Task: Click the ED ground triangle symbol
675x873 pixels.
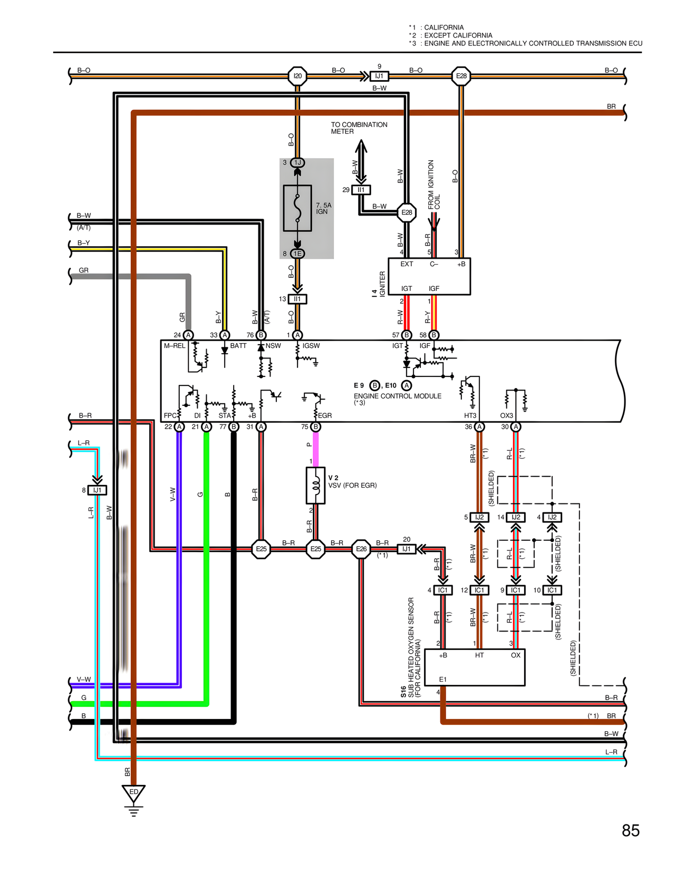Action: click(x=133, y=793)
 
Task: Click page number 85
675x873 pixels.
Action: click(x=630, y=830)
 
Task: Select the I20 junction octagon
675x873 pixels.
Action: click(x=297, y=76)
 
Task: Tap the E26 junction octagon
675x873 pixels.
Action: click(x=361, y=549)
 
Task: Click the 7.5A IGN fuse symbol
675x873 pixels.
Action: click(x=297, y=208)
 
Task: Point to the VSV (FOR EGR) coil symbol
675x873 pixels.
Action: click(x=315, y=486)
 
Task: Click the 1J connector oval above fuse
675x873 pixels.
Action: click(x=297, y=162)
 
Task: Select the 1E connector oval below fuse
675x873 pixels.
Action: click(x=297, y=254)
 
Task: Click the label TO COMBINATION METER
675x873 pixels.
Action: click(x=359, y=128)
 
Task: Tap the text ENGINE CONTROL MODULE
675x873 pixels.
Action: click(x=398, y=396)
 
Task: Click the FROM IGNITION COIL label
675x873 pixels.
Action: click(x=433, y=185)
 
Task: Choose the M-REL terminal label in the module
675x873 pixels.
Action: click(x=175, y=346)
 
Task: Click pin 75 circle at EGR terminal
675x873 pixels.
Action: click(x=315, y=426)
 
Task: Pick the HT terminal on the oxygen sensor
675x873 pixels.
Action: click(x=479, y=655)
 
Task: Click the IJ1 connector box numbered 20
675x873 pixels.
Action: click(x=407, y=549)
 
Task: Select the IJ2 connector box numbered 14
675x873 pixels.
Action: click(x=516, y=517)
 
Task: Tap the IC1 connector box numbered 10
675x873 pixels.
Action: click(x=552, y=590)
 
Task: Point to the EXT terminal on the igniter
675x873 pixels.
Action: click(x=407, y=264)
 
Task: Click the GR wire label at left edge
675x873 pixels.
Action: click(x=83, y=270)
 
